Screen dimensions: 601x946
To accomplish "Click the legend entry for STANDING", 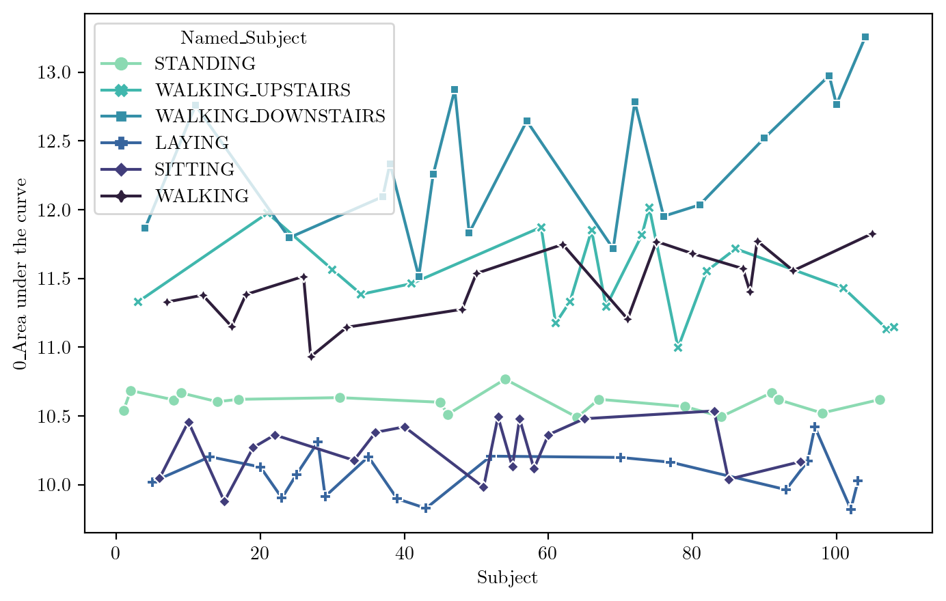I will click(204, 64).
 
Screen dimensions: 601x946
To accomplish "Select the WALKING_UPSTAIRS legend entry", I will click(252, 90).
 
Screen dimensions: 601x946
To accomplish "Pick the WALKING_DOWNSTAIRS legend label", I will click(270, 116).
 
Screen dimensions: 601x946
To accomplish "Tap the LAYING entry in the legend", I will click(191, 143).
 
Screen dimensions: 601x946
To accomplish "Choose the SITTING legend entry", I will click(195, 169).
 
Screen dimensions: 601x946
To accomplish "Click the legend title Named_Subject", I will click(243, 38).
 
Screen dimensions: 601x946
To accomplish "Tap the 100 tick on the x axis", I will click(836, 553).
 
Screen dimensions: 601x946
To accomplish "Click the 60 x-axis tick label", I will click(548, 553).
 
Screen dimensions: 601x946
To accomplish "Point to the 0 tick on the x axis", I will click(116, 553).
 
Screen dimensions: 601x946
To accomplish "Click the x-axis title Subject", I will click(507, 578).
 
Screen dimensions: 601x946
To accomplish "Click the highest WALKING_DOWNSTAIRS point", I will click(865, 37).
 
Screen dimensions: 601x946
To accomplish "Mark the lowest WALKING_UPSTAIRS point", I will click(678, 348).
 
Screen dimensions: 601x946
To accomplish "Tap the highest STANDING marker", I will click(505, 380).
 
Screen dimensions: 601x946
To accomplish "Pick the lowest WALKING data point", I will click(311, 357).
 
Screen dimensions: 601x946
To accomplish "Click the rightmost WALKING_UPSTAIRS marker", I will click(893, 327).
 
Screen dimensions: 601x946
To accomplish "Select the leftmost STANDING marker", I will click(124, 410).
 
